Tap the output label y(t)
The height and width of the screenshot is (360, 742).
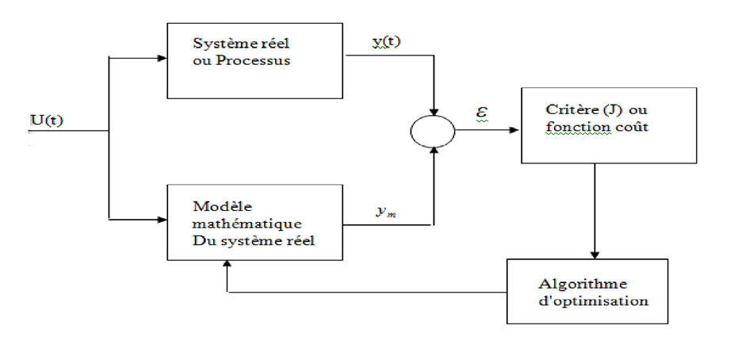[387, 43]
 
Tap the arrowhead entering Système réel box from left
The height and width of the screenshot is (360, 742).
[163, 57]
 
